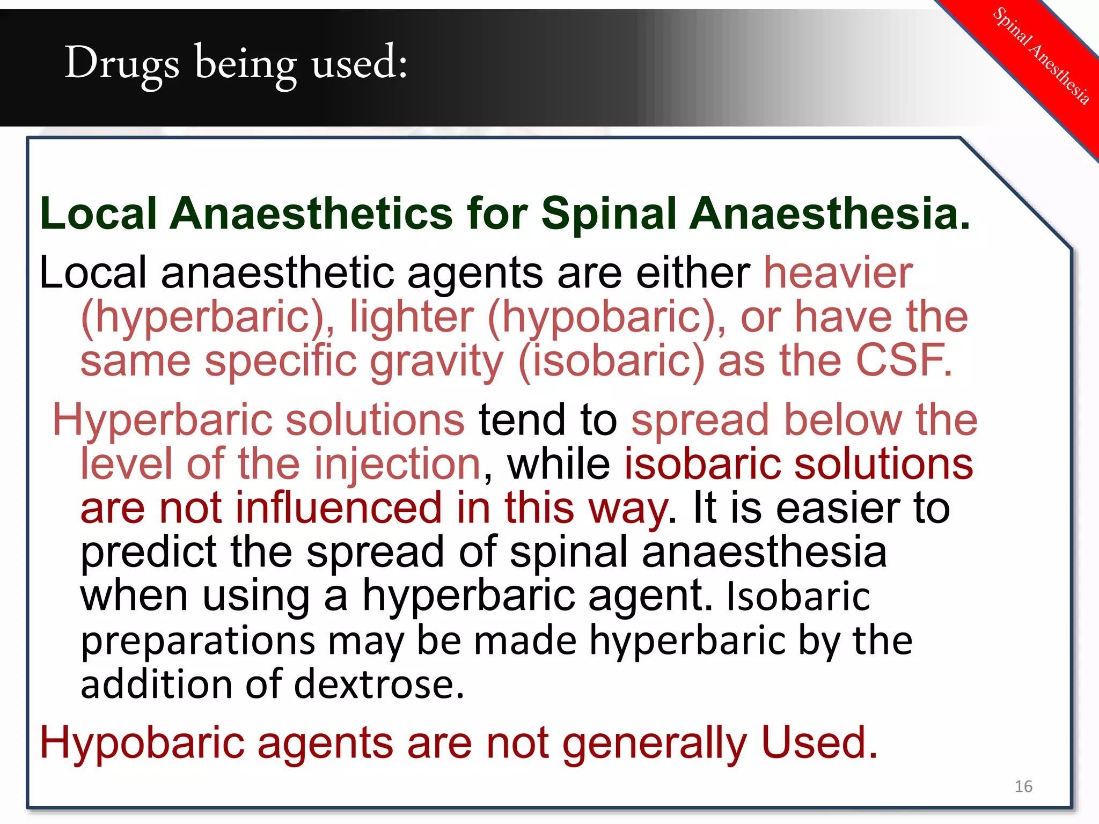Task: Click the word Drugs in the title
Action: coord(122,63)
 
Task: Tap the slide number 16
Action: coord(1023,786)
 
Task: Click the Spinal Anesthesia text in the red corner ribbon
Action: coord(1041,55)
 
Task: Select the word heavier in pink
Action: coord(838,273)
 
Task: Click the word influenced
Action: coord(339,508)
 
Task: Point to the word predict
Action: coord(148,553)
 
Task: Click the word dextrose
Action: coord(378,685)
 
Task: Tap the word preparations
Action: coord(197,642)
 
